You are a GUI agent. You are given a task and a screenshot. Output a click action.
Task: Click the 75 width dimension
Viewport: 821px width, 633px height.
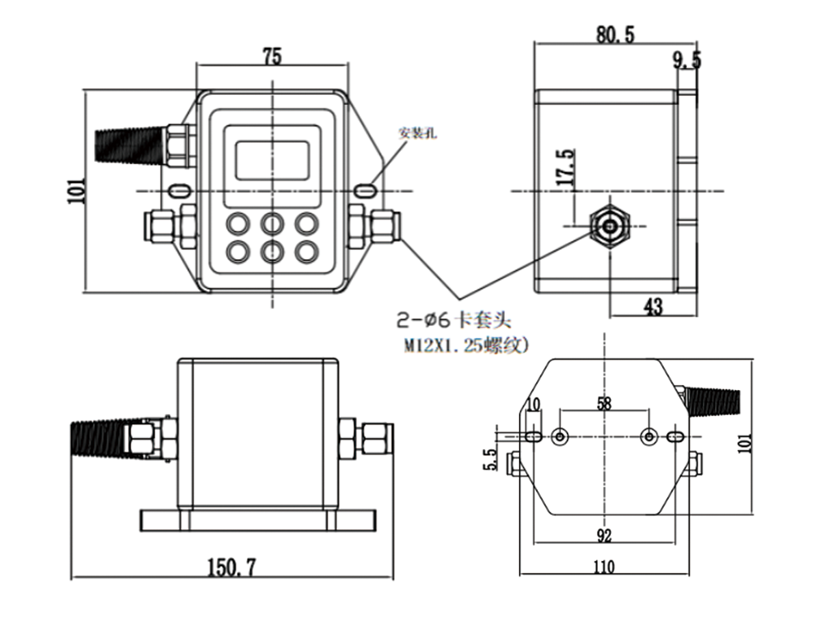[x=272, y=57]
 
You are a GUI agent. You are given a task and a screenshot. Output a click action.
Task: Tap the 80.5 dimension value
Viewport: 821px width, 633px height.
[x=615, y=34]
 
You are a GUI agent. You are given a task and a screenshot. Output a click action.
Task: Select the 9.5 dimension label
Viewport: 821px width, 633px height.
[x=687, y=60]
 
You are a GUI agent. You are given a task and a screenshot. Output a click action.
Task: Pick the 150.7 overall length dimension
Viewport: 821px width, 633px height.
[x=232, y=566]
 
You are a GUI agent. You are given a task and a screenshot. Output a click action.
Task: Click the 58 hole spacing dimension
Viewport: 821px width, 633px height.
[x=604, y=404]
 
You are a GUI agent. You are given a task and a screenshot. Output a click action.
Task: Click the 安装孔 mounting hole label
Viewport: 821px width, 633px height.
[x=418, y=133]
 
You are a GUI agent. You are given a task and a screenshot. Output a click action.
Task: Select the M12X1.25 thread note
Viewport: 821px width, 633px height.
[x=467, y=346]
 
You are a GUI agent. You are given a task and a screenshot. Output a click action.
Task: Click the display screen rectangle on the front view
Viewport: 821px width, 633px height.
[x=272, y=159]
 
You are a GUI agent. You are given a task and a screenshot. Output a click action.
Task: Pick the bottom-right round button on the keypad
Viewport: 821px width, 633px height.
[x=306, y=252]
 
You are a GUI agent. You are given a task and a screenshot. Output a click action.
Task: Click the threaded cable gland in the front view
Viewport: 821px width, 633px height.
[x=128, y=144]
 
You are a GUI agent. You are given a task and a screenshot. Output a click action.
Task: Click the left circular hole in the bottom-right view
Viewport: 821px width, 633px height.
[x=559, y=437]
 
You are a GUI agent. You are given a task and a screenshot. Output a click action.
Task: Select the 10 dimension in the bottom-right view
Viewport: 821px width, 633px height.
[x=535, y=404]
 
